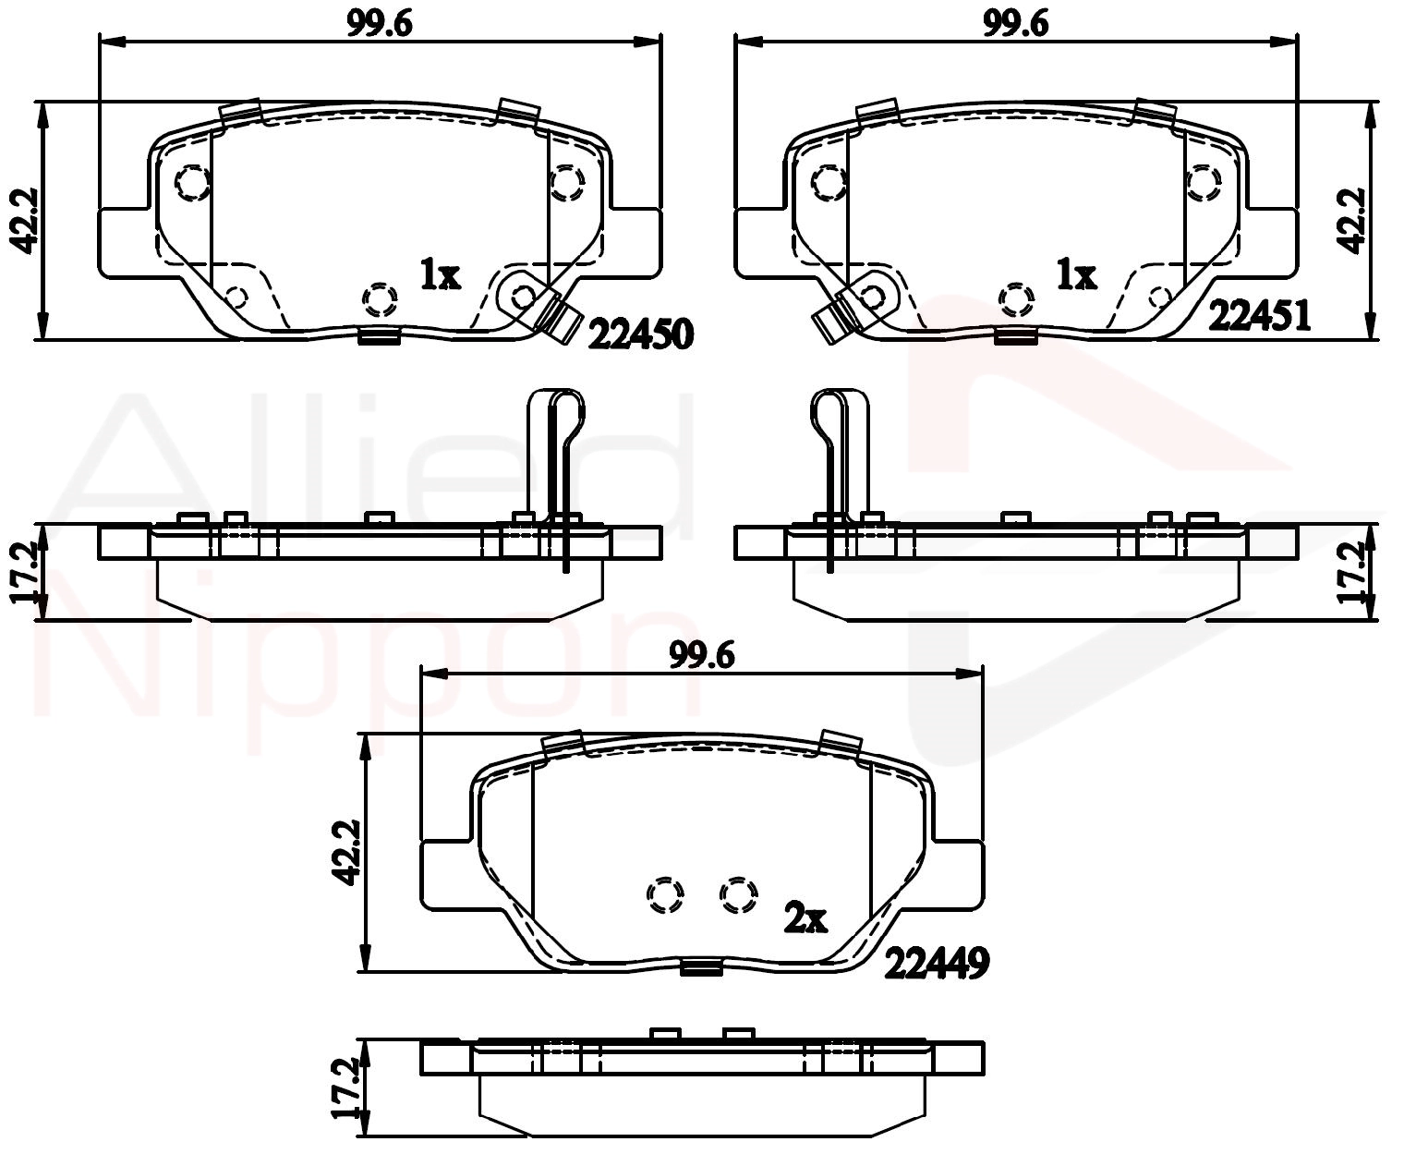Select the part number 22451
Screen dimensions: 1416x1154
coord(1259,316)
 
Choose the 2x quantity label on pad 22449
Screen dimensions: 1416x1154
coord(805,918)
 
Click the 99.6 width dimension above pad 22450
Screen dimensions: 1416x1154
coord(380,24)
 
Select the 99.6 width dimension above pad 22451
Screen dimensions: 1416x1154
coord(1016,24)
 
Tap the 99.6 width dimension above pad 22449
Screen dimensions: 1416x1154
coord(702,656)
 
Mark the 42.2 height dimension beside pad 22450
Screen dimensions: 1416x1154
coord(25,221)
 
